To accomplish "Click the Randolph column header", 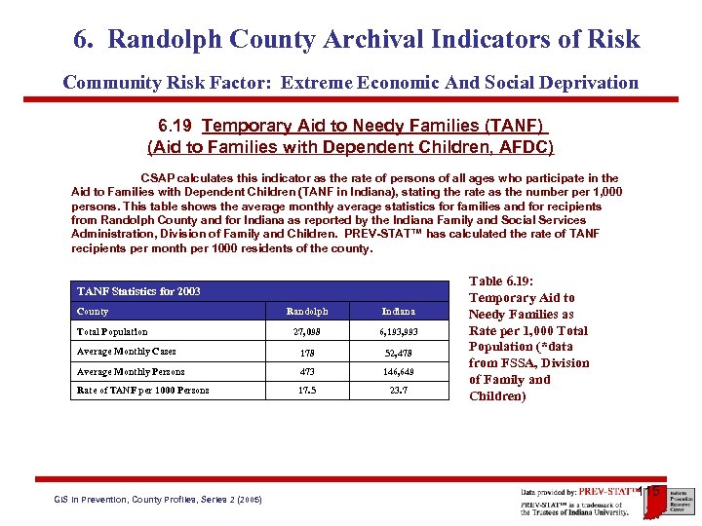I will (306, 312).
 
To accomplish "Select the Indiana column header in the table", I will (398, 312).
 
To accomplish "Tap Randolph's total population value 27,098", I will (306, 332).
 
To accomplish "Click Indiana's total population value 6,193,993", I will (398, 332).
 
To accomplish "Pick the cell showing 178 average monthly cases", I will (306, 352).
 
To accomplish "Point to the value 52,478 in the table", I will (398, 352).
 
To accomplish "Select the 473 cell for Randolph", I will (306, 372).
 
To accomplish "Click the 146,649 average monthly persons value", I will (398, 372).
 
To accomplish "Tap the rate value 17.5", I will (306, 391).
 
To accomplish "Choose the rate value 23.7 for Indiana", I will (398, 391).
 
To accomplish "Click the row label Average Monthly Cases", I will (126, 352).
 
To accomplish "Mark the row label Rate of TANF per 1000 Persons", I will (142, 391).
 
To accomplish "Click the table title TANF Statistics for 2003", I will (137, 291).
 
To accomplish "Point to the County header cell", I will (93, 312).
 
